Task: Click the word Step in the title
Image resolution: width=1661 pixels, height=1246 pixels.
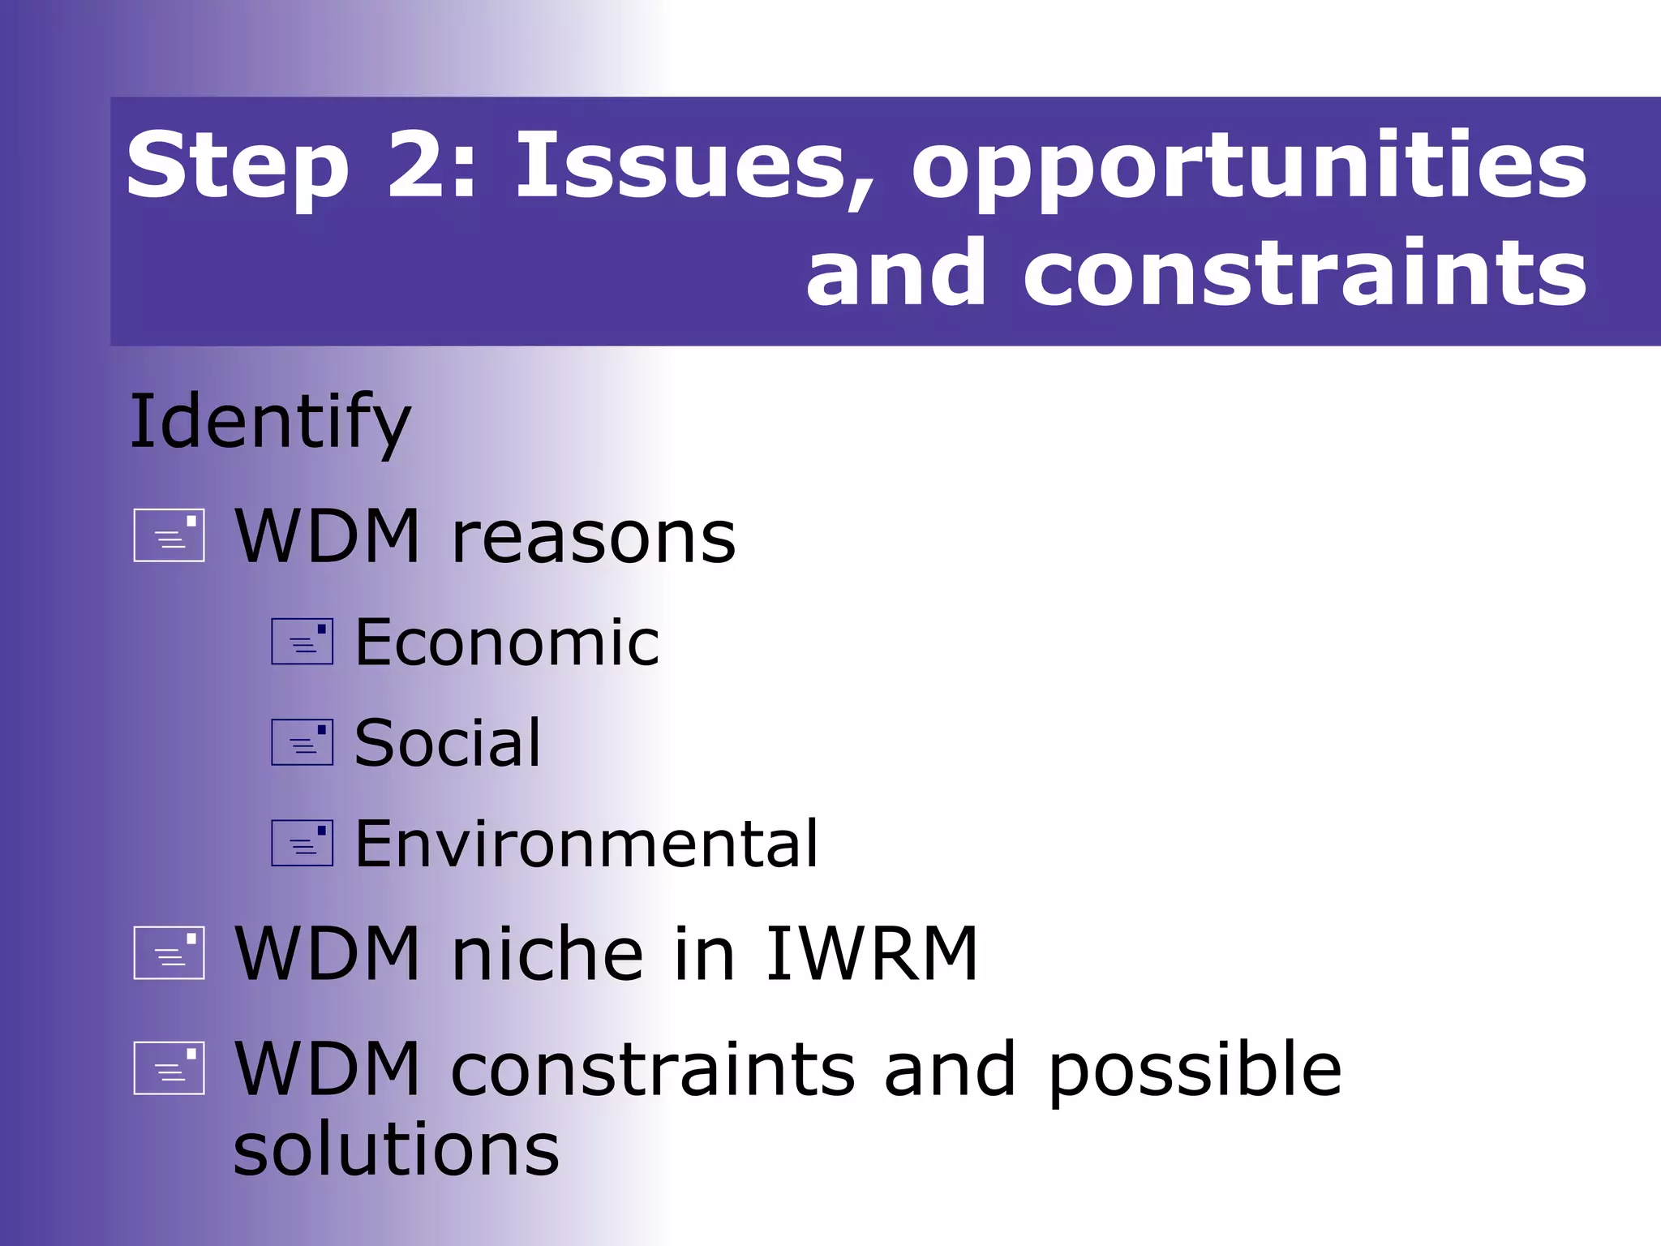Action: tap(238, 166)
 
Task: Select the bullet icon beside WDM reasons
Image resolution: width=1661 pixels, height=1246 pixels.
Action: tap(170, 535)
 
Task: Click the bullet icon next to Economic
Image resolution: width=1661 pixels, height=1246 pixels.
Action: tap(303, 642)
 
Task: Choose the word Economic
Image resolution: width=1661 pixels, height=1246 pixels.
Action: tap(508, 642)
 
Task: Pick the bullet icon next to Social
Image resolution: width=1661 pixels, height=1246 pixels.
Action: tap(303, 742)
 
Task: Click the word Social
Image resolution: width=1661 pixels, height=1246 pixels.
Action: tap(448, 743)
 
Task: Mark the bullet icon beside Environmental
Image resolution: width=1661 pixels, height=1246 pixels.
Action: tap(303, 843)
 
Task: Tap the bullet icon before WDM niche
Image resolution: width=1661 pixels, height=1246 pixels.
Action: tap(170, 952)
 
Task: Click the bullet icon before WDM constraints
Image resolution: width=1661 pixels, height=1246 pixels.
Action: tap(170, 1068)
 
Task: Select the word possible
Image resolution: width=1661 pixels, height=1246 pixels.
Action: tap(1195, 1072)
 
